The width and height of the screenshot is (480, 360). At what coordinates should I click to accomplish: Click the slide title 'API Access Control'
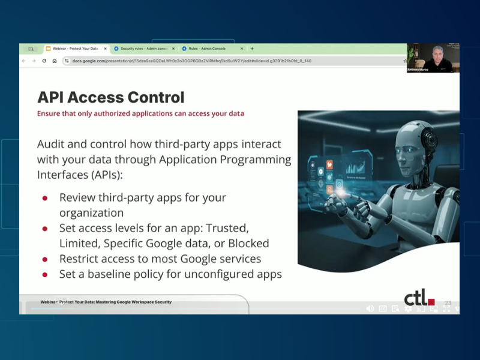click(x=110, y=97)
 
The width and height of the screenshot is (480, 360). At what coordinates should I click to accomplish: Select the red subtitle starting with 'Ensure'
click(x=140, y=113)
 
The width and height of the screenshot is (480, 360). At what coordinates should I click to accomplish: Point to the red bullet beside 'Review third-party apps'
click(x=45, y=198)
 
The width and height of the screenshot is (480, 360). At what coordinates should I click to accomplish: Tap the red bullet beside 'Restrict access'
click(x=45, y=259)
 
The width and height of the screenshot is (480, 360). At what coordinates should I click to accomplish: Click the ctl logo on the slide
click(x=419, y=297)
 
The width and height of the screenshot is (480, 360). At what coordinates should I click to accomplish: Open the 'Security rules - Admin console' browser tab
click(x=145, y=49)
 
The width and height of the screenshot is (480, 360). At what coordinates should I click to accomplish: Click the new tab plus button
click(x=252, y=49)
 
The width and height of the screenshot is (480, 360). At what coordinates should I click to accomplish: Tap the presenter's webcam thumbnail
click(x=433, y=58)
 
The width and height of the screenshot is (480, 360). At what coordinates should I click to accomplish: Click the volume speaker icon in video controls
click(x=369, y=308)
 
